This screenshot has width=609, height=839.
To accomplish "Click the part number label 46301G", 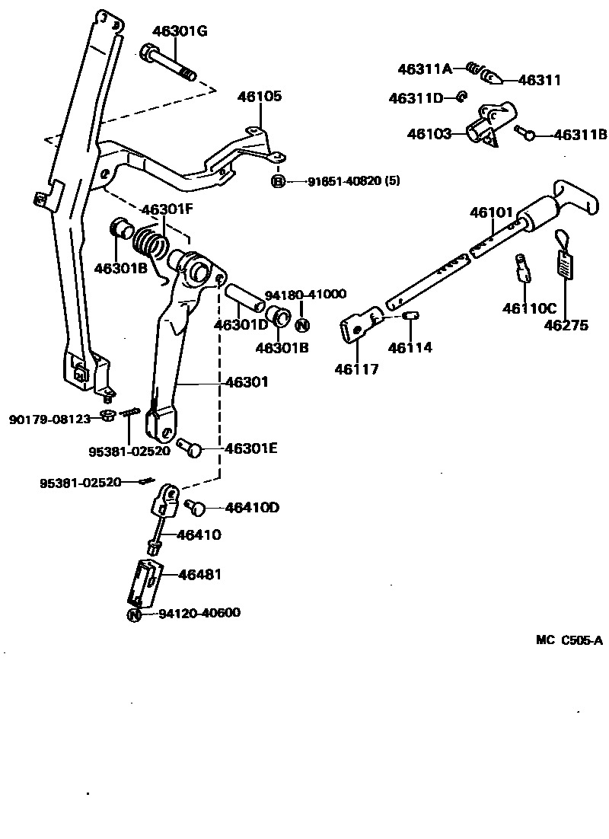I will tap(180, 31).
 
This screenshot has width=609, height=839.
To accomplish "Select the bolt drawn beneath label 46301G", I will tap(167, 64).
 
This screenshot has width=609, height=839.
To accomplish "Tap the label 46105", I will tap(259, 97).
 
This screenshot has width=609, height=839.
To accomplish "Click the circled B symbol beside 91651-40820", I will tap(278, 181).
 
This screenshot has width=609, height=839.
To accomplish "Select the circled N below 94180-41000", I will tap(301, 326).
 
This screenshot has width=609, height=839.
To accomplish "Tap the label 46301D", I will tap(241, 325).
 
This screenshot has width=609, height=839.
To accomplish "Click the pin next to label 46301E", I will tap(190, 448).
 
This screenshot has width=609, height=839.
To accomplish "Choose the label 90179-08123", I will tap(50, 419).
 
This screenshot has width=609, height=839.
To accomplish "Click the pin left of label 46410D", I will tap(195, 506).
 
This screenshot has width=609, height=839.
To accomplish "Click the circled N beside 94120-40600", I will tap(134, 614).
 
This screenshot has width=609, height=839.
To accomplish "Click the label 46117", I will tap(356, 369).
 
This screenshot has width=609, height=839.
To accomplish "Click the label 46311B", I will tap(580, 135).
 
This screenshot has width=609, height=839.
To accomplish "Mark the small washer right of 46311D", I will tap(461, 97).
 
